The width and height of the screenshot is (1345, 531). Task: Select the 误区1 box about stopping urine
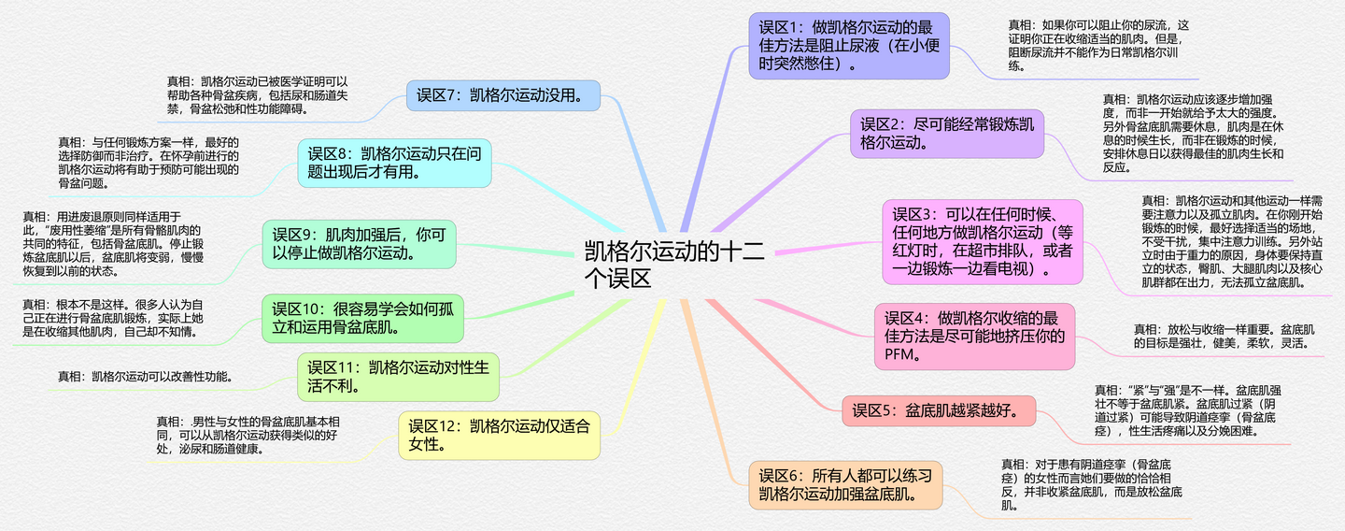(x=848, y=46)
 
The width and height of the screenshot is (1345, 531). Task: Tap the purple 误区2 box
(x=946, y=134)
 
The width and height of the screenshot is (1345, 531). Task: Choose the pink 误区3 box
(x=983, y=242)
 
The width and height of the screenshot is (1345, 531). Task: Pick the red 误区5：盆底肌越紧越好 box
(x=940, y=409)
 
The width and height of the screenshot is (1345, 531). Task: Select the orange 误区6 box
(x=845, y=485)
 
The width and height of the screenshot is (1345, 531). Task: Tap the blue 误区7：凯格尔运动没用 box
(x=503, y=94)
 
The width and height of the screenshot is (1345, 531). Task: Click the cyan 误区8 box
(x=394, y=163)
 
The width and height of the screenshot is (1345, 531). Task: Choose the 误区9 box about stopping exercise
(x=360, y=243)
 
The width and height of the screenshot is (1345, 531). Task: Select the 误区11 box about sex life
(x=399, y=376)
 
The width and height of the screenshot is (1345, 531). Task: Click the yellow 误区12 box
(x=499, y=435)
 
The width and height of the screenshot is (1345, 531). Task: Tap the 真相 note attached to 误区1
(x=1099, y=45)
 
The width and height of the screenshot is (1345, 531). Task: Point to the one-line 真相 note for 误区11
(x=146, y=377)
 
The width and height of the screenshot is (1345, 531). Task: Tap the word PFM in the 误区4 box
(x=902, y=354)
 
